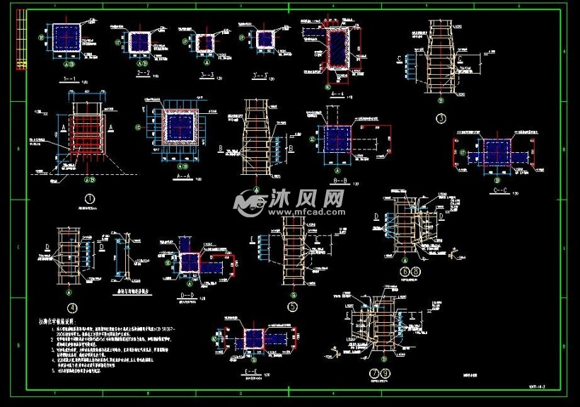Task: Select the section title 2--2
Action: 143,72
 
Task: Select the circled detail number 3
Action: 441,118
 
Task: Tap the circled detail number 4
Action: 71,308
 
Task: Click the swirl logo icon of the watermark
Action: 248,203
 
